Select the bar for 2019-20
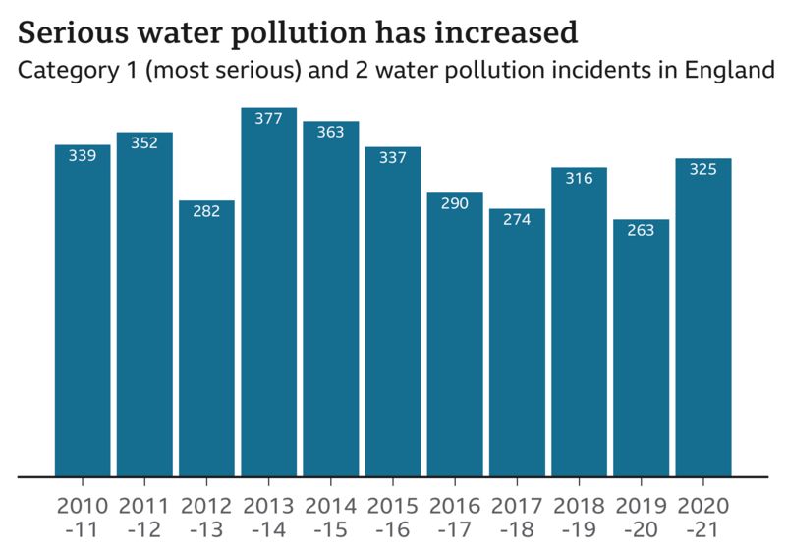[641, 348]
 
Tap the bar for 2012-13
[206, 339]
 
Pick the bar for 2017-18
[517, 343]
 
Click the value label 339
[83, 156]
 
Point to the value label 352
[144, 143]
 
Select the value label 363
[330, 132]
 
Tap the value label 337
[392, 158]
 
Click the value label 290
[455, 204]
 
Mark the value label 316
[579, 178]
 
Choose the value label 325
[702, 169]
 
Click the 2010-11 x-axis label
[83, 517]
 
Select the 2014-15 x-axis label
[330, 517]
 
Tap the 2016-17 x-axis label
[455, 517]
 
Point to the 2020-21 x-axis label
[702, 517]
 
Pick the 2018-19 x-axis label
[579, 517]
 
